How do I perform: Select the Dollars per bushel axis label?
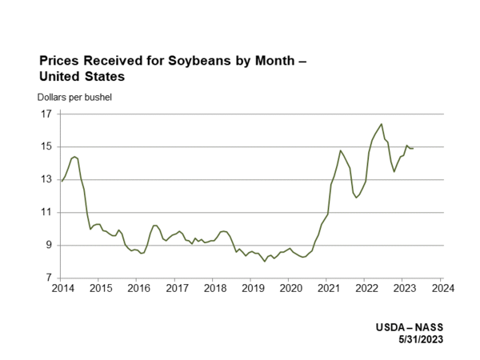coord(74,98)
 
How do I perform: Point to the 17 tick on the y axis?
coord(46,114)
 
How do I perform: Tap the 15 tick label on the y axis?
coord(46,146)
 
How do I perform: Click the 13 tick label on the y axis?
coord(46,179)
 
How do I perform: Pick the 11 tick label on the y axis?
coord(46,212)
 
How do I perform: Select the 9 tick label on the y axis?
coord(49,245)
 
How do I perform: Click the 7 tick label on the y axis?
coord(49,278)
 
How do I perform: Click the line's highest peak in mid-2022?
coord(382,124)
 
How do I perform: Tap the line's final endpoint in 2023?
coord(413,148)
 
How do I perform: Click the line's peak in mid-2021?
coord(340,150)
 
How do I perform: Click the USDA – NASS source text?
coord(409,328)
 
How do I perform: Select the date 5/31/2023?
coord(419,339)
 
